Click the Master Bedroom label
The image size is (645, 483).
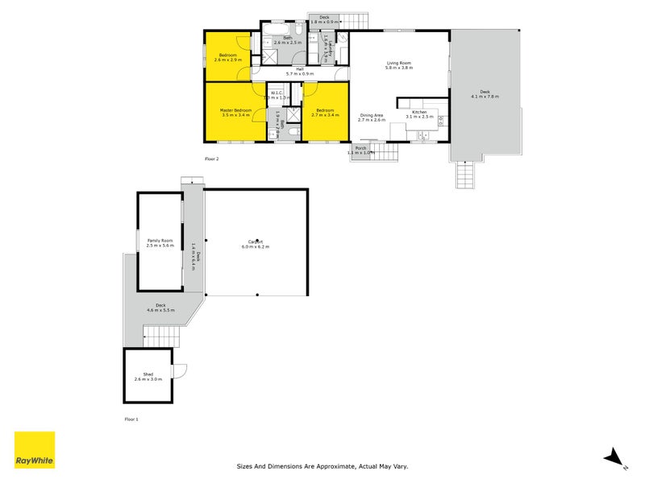236,109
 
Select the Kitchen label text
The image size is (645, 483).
419,112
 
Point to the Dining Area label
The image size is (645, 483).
372,115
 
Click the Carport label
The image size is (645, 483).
256,242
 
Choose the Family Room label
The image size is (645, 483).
160,241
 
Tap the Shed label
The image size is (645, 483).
148,374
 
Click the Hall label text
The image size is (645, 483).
299,69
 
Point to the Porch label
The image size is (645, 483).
360,148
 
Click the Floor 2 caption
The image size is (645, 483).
212,159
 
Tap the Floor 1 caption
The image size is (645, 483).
131,419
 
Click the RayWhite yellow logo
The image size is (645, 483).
35,450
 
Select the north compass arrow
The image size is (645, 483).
615,456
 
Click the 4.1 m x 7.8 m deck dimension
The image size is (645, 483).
485,97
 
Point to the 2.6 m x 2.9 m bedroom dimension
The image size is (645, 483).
228,60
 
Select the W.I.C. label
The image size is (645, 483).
277,93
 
